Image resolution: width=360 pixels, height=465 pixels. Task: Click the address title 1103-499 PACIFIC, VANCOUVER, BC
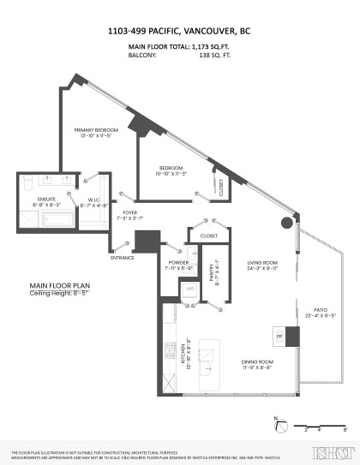click(179, 30)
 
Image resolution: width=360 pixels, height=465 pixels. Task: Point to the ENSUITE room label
click(35, 200)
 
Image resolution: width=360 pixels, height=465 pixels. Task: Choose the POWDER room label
click(177, 263)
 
